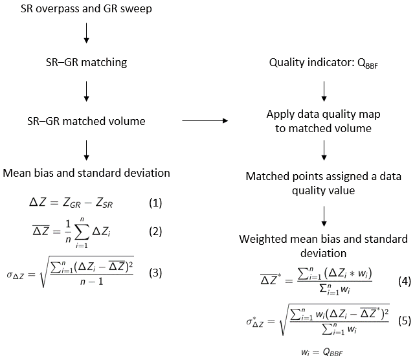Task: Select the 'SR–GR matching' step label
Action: tap(86, 63)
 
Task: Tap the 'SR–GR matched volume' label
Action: tap(86, 120)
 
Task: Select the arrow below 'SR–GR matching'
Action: tap(86, 91)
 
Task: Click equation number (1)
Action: tap(155, 203)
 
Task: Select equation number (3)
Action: tap(155, 273)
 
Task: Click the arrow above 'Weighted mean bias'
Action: tap(322, 214)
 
